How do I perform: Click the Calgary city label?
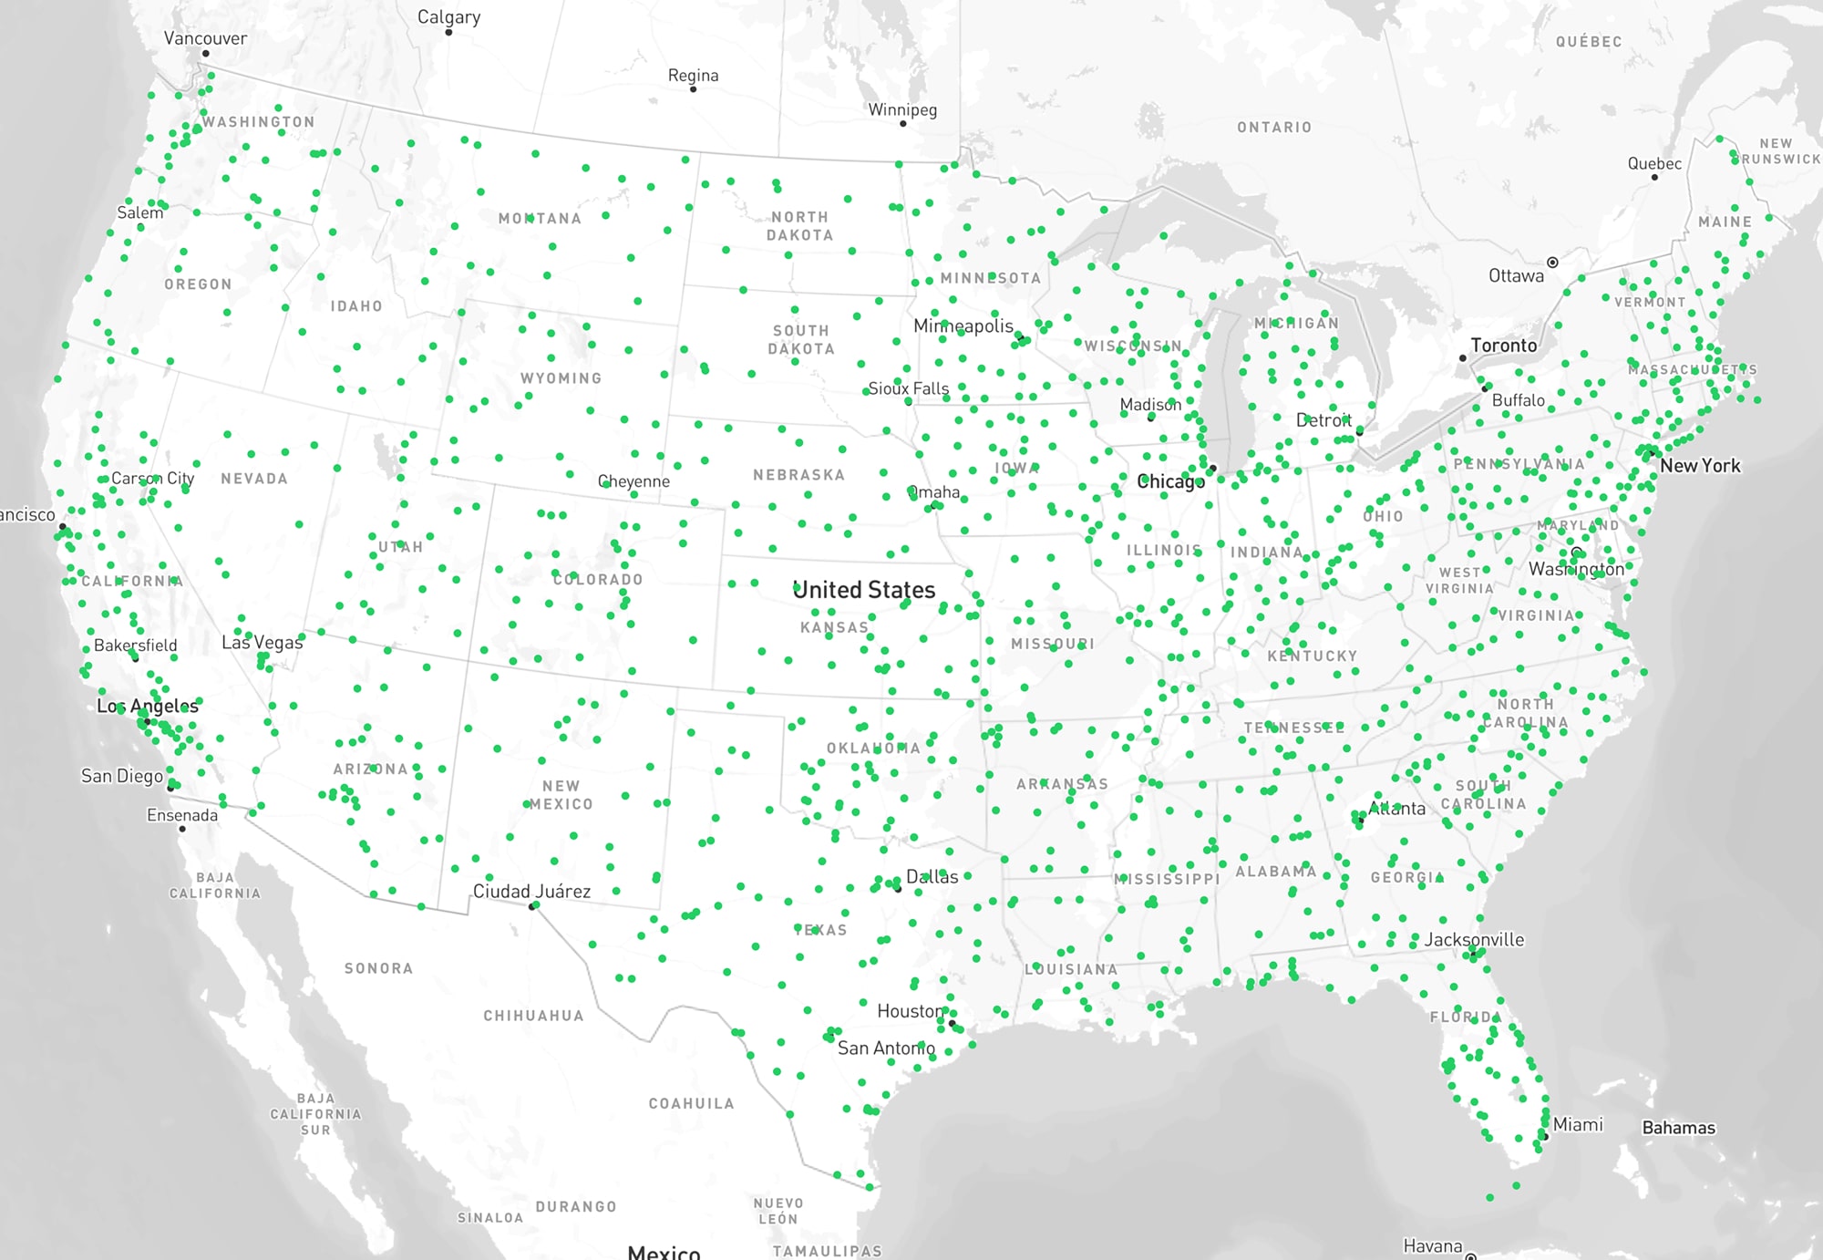click(x=448, y=17)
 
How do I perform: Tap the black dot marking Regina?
click(x=694, y=89)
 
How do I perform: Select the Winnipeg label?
click(x=902, y=110)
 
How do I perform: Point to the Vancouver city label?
click(x=205, y=38)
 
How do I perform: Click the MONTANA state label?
click(x=540, y=219)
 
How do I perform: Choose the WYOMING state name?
click(x=561, y=378)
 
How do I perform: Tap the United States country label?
click(x=864, y=590)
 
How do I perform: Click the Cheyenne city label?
click(x=633, y=481)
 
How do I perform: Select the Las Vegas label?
click(x=262, y=643)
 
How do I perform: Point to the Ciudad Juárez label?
click(x=531, y=891)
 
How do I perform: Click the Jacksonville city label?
click(x=1474, y=939)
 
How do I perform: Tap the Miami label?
click(x=1578, y=1124)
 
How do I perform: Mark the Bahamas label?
click(x=1678, y=1128)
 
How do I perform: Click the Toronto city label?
click(x=1503, y=346)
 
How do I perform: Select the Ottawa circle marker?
click(x=1552, y=263)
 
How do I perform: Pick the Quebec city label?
click(x=1654, y=164)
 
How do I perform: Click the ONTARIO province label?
click(x=1274, y=128)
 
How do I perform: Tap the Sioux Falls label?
click(x=909, y=389)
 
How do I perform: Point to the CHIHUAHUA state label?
click(x=533, y=1016)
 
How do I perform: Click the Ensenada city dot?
click(x=182, y=829)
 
